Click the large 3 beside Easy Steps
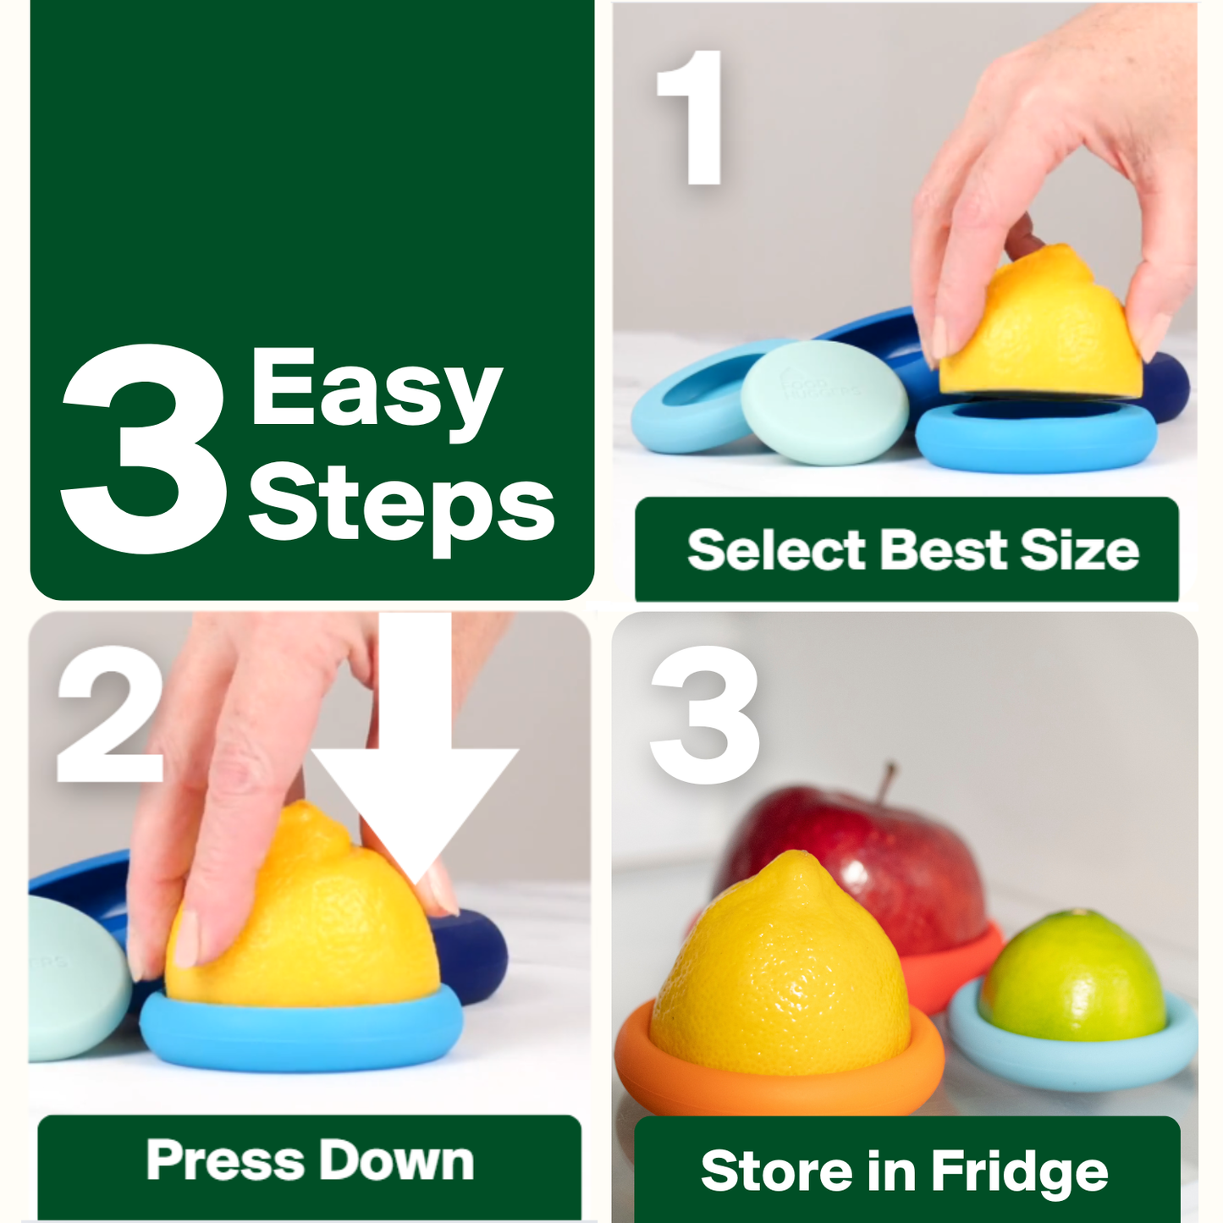(x=144, y=449)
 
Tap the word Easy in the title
(x=376, y=390)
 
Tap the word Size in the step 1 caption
(x=1079, y=550)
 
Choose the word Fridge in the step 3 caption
(x=1019, y=1172)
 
